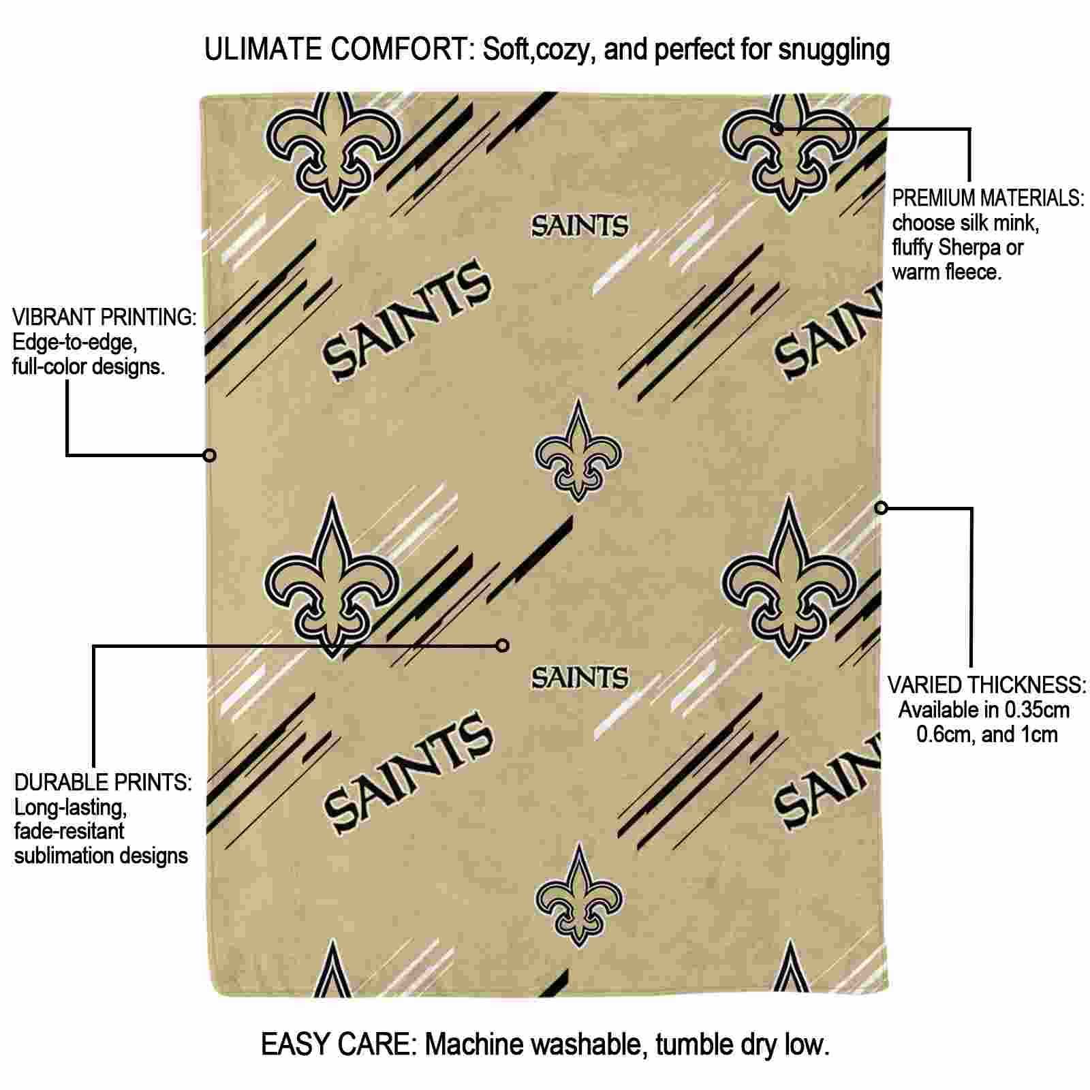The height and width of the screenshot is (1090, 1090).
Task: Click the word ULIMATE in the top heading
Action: click(x=263, y=50)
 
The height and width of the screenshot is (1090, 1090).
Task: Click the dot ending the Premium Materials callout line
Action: click(x=777, y=128)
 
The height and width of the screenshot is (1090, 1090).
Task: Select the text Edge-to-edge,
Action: click(x=75, y=343)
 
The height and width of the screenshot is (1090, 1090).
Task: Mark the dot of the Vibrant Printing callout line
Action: click(x=210, y=455)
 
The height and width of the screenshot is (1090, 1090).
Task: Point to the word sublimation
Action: click(x=67, y=856)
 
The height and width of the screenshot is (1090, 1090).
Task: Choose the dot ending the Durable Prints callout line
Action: click(x=503, y=645)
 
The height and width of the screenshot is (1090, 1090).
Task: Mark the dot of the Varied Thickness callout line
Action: click(x=882, y=508)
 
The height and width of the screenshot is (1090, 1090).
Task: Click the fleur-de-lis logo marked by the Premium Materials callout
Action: click(x=789, y=151)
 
